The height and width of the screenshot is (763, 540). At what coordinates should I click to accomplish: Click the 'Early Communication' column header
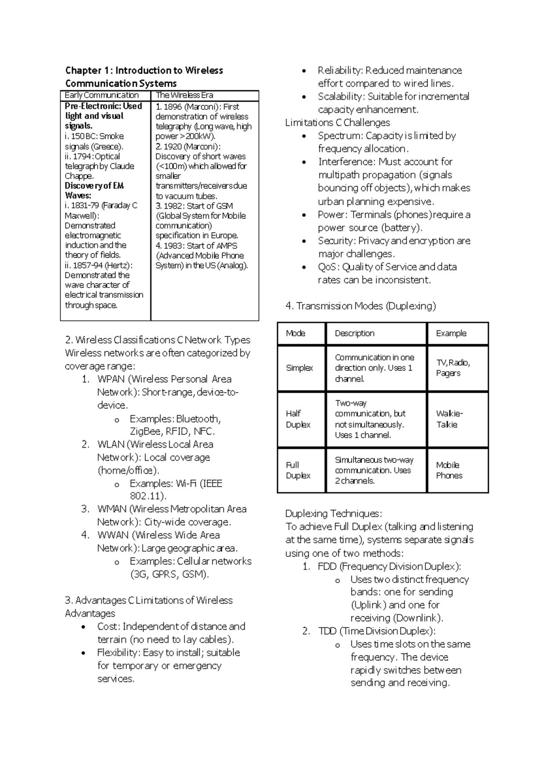pos(102,95)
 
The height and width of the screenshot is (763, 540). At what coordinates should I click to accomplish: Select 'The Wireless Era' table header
pos(184,95)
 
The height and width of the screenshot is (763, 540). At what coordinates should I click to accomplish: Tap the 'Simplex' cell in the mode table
pos(299,368)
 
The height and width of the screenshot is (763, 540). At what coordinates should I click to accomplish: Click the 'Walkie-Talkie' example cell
pos(449,419)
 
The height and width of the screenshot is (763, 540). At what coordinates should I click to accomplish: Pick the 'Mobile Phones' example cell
pos(449,470)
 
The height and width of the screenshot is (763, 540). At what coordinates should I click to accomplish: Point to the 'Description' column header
pos(354,333)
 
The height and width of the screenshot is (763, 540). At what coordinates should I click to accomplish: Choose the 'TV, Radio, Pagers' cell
pos(452,368)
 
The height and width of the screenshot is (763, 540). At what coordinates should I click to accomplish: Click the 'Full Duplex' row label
pos(298,470)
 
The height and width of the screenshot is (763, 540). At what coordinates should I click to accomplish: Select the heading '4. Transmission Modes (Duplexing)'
pos(360,306)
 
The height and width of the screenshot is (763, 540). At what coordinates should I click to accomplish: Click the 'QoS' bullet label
pos(327,267)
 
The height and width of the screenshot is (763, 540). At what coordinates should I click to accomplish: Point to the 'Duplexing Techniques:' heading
pos(333,513)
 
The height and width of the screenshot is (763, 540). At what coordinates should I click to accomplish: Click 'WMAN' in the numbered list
pos(112,509)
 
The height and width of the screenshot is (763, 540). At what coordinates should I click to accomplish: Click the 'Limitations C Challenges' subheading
pos(337,123)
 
